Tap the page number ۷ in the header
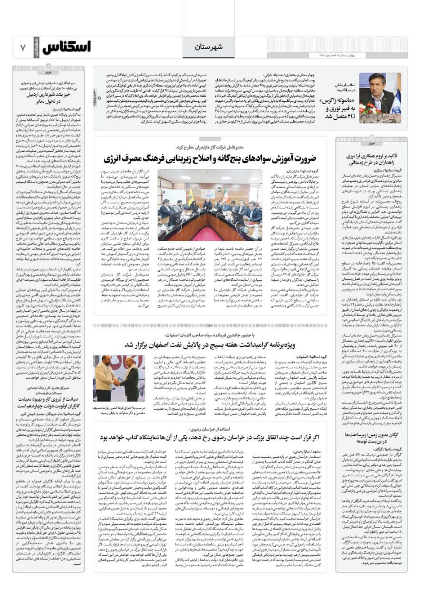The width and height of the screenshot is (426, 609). pos(22,48)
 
